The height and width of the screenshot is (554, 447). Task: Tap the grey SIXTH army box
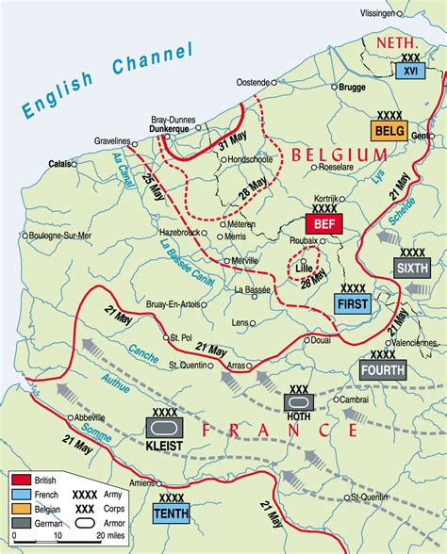tap(412, 268)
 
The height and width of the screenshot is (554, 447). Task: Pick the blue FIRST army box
tap(354, 303)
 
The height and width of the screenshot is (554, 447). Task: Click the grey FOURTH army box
tap(382, 370)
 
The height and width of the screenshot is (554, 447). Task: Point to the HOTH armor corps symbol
tap(297, 402)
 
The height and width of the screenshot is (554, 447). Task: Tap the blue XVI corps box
tap(410, 70)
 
